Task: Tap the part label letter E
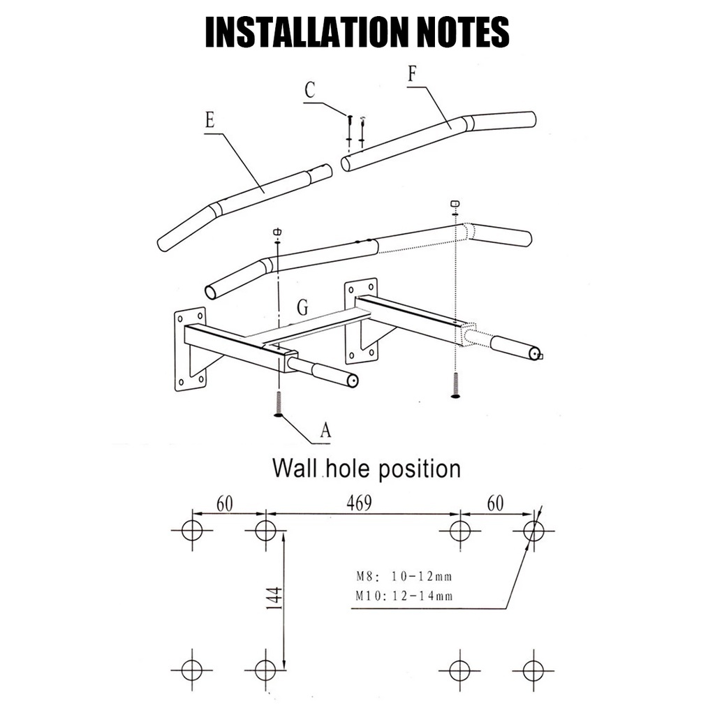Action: (209, 120)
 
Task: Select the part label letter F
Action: (412, 73)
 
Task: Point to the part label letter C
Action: (310, 90)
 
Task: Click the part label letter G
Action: (303, 307)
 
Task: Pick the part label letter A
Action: (325, 429)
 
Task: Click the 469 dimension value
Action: (360, 503)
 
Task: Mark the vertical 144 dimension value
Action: (275, 598)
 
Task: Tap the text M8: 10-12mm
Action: (404, 576)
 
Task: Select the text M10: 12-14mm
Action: (404, 596)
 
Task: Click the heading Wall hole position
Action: (367, 469)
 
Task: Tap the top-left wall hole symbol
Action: (192, 531)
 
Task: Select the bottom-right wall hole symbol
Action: (533, 670)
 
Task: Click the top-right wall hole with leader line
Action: (533, 531)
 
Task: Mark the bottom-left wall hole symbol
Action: (192, 670)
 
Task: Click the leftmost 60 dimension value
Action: (225, 503)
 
